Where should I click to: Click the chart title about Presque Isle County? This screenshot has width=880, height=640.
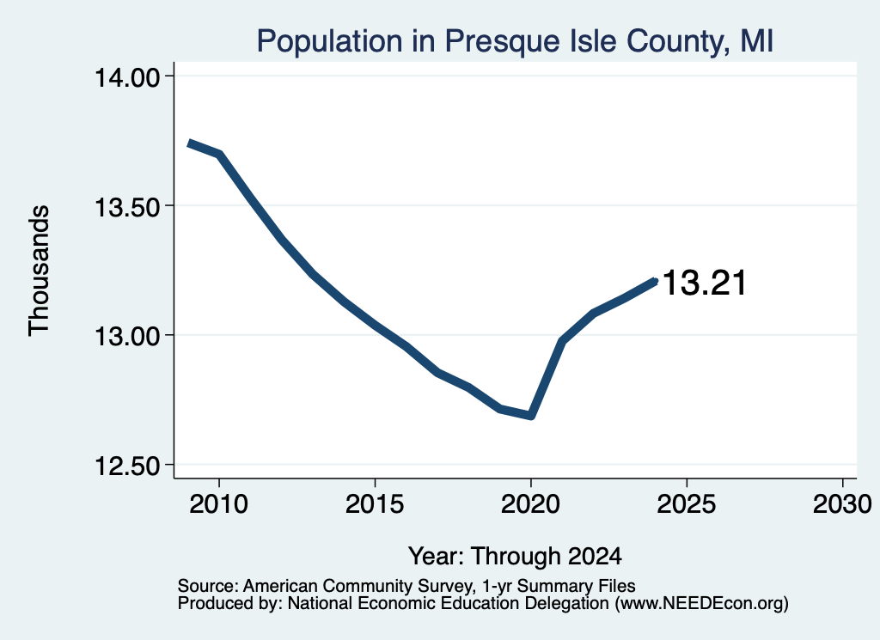tap(515, 41)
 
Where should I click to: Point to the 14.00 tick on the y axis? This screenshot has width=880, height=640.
tap(127, 76)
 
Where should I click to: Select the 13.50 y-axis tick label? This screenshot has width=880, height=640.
tap(127, 207)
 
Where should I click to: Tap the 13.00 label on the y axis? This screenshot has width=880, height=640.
tap(127, 337)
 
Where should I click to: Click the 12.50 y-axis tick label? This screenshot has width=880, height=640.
tap(127, 466)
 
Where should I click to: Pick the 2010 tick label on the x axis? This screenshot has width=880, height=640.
tap(218, 504)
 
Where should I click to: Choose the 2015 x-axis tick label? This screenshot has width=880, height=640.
tap(375, 504)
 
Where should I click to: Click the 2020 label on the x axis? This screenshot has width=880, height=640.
tap(530, 504)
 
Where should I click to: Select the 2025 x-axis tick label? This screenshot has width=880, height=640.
tap(687, 504)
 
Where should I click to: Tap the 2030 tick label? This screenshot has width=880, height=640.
tap(842, 504)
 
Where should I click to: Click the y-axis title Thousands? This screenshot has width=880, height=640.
tap(39, 271)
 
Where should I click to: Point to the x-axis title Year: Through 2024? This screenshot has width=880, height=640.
tap(515, 556)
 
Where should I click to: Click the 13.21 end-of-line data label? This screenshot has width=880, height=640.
tap(705, 282)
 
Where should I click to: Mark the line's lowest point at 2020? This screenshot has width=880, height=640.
tap(531, 416)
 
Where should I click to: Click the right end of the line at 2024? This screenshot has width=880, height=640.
tap(655, 281)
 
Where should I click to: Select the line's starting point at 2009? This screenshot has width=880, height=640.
tap(189, 143)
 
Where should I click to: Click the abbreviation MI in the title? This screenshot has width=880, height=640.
tap(756, 41)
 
